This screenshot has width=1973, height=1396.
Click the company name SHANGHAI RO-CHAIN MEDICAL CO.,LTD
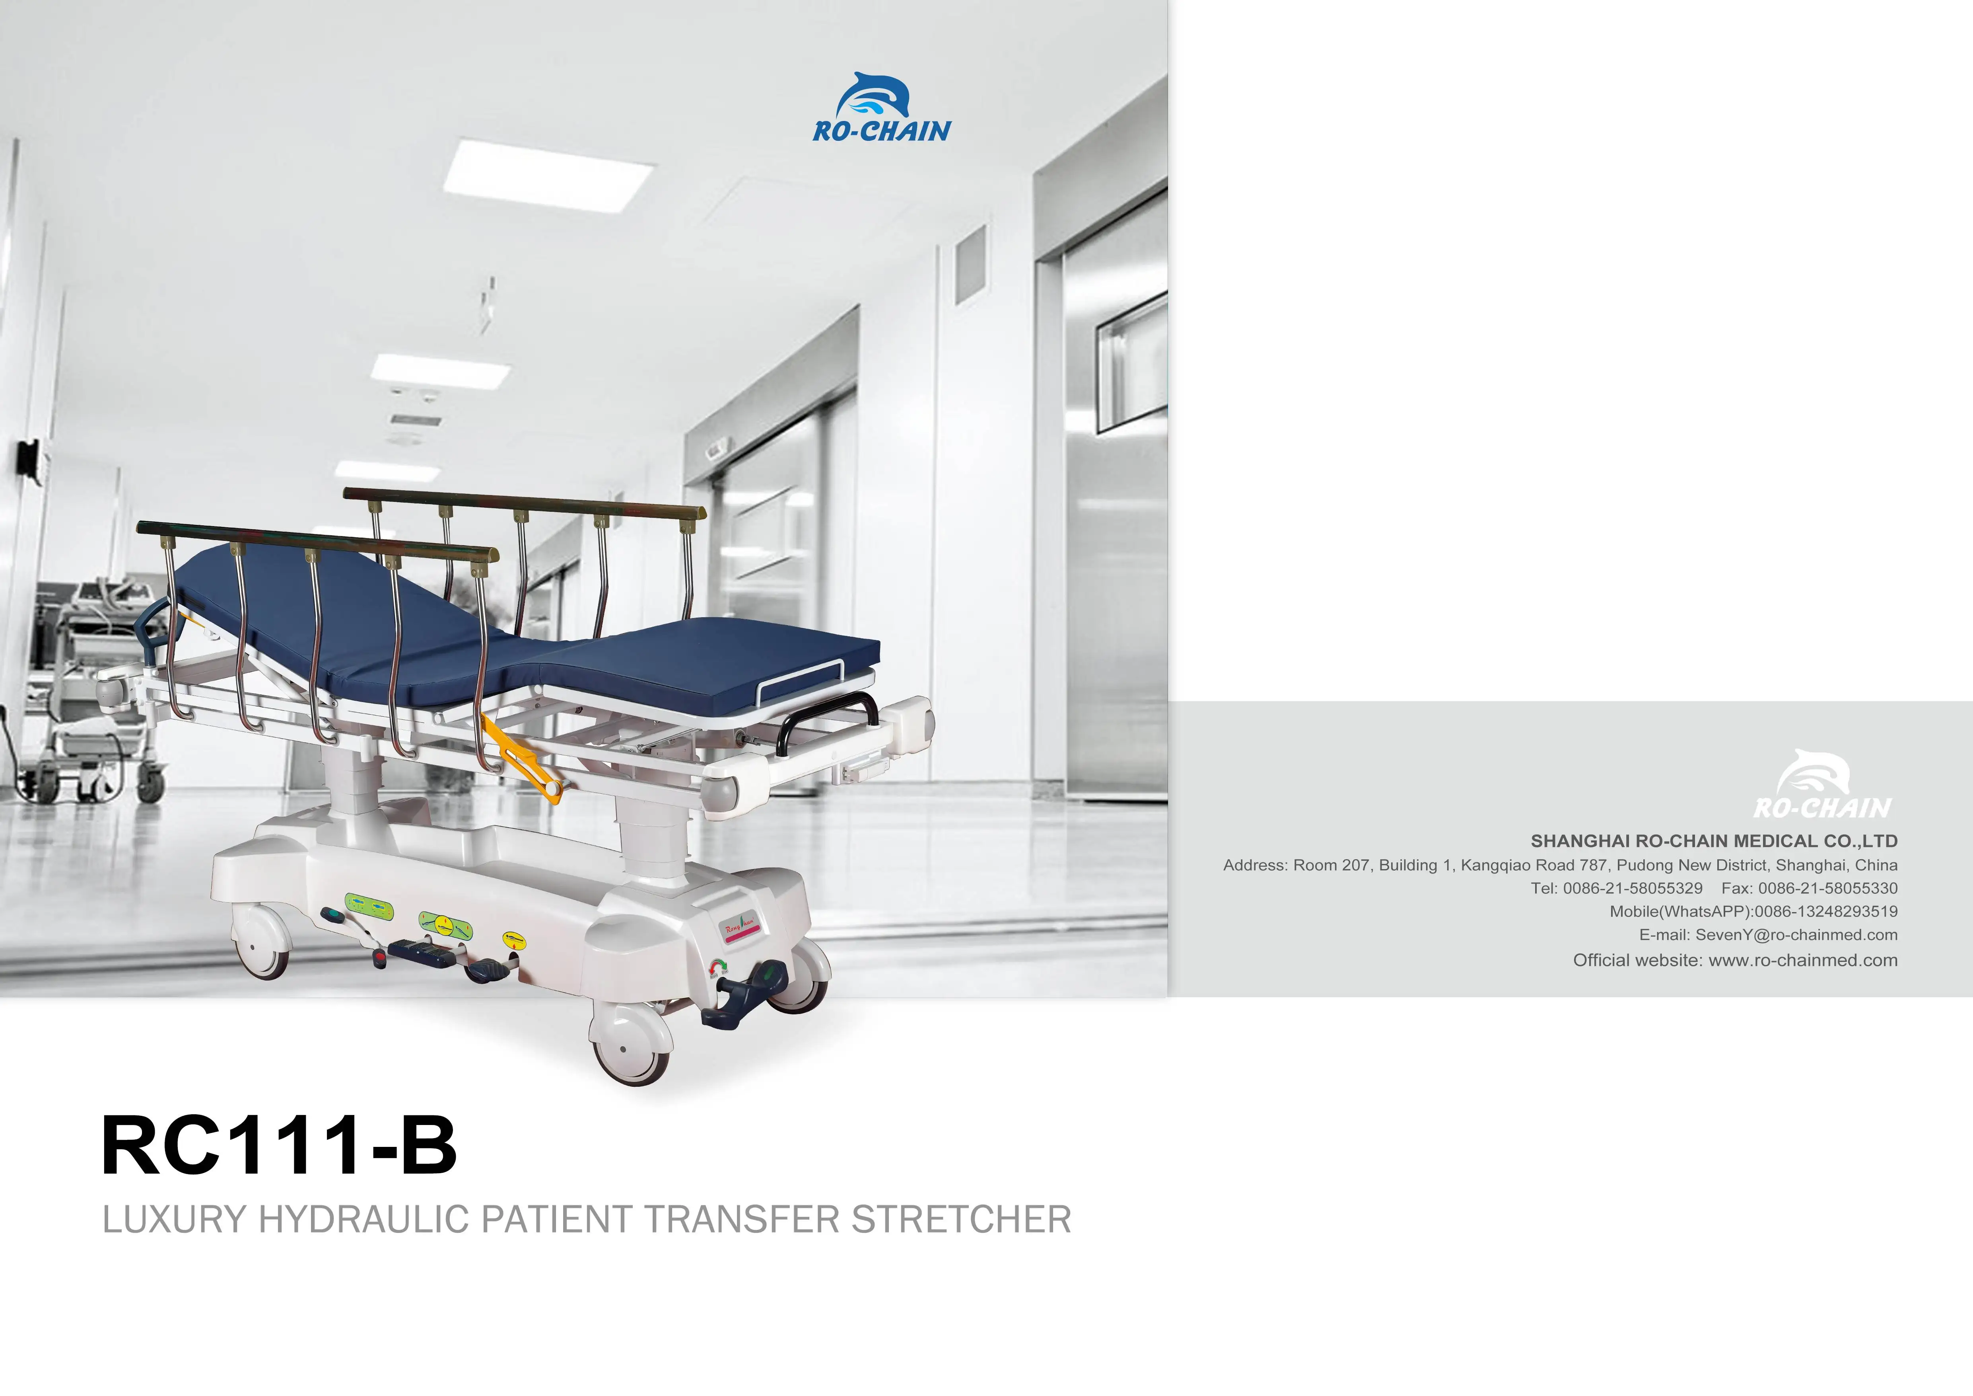1713,841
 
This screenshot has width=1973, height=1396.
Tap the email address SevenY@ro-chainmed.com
1796,934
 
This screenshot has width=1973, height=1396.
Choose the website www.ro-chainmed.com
1802,960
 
